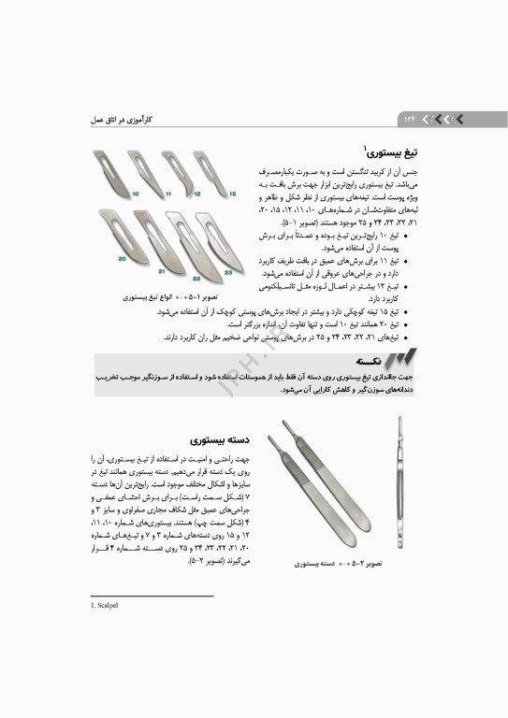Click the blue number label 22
[x=196, y=278]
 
